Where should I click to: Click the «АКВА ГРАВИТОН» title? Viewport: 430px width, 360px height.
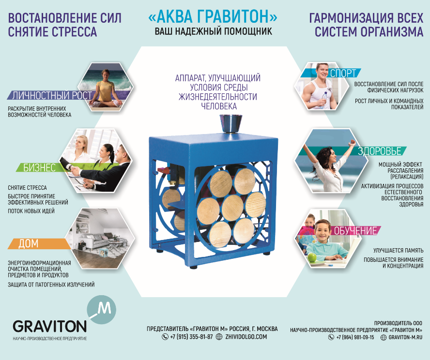213,17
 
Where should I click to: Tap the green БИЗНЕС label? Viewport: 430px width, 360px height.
40,167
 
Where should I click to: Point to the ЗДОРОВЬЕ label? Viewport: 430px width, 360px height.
380,151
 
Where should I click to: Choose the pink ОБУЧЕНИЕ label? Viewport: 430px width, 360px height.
355,231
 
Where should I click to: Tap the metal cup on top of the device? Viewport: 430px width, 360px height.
231,124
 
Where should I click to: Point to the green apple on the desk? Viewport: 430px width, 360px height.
312,257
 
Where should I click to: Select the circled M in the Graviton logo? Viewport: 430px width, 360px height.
102,310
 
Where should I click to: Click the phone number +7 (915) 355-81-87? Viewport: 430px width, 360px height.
191,337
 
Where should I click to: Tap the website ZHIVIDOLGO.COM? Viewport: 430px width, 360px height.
246,337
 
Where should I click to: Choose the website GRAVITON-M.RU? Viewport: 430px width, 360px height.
405,337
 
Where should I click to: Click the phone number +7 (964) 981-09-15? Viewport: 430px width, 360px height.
355,337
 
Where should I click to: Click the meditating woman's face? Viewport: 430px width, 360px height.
106,74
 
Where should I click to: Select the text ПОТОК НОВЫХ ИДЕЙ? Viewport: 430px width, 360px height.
31,211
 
